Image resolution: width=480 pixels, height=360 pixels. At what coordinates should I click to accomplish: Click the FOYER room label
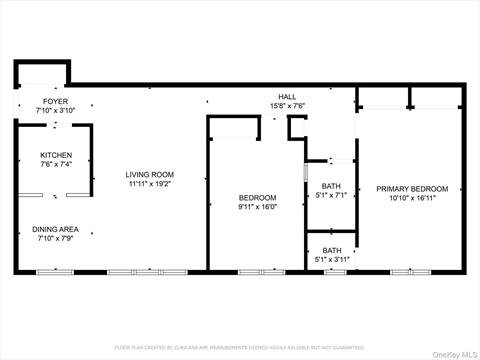click(42, 101)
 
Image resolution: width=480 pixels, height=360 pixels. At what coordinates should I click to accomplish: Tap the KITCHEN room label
click(55, 155)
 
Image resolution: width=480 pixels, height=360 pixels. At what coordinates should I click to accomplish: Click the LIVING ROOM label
click(149, 175)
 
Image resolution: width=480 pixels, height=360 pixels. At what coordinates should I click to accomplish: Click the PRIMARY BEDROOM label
click(411, 188)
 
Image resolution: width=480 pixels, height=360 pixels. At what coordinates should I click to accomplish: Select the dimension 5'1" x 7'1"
click(332, 196)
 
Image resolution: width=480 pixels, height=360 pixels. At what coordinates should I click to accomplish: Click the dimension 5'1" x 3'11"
click(332, 260)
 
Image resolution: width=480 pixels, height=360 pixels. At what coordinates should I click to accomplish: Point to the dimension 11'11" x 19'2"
click(149, 184)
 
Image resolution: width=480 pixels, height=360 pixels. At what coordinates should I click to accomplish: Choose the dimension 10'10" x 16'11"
click(411, 198)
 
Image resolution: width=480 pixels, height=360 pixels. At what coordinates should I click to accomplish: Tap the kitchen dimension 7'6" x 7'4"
click(55, 165)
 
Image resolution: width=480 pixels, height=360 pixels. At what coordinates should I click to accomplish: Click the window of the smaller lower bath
click(334, 271)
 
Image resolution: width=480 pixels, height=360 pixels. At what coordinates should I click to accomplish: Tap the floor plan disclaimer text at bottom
click(240, 347)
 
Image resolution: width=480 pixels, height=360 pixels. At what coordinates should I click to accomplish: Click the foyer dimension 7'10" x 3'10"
click(42, 110)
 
